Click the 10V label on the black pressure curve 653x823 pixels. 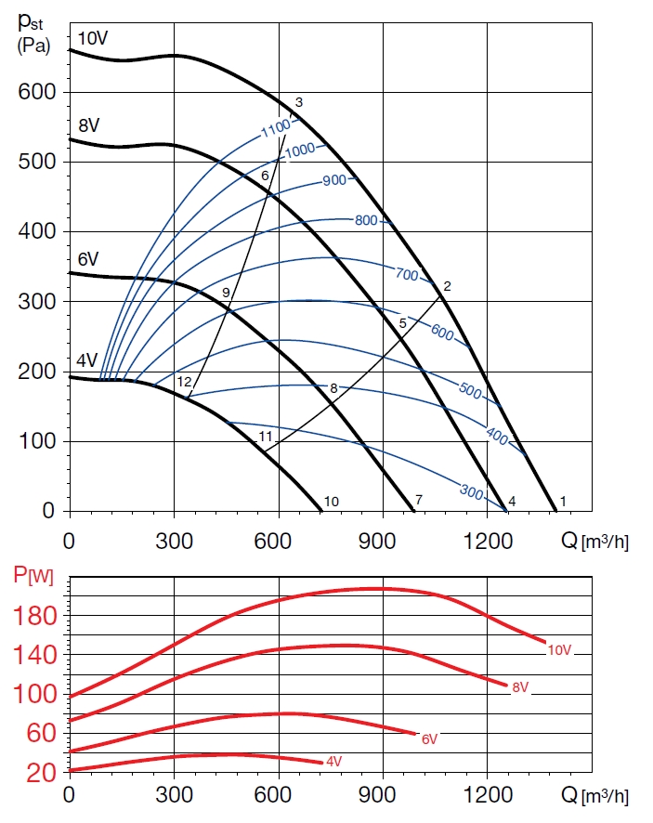[x=93, y=39]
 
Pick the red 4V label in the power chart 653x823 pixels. [x=333, y=762]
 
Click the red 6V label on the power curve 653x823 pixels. [x=428, y=739]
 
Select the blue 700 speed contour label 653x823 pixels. [x=407, y=275]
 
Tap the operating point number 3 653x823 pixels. [x=299, y=102]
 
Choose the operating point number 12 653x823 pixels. [x=184, y=382]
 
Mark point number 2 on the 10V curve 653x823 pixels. [x=447, y=286]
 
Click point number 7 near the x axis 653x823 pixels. [x=419, y=501]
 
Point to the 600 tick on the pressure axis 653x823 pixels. [x=38, y=92]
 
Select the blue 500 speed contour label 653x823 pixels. [x=470, y=392]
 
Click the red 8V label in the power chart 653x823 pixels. [x=520, y=687]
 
